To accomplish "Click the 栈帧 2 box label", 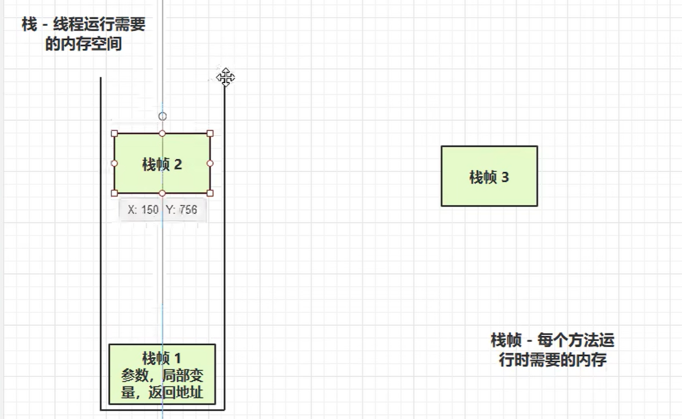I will point(162,164).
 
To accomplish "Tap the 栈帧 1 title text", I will point(162,358).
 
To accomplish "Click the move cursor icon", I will point(225,78).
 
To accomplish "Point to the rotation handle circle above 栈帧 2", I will point(162,116).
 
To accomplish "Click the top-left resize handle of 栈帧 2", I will point(114,134).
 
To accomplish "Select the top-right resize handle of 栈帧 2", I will point(210,134).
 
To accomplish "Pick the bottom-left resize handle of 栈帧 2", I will point(114,193).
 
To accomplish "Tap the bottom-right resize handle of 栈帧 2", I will point(210,193).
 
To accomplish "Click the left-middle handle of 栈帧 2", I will point(114,163).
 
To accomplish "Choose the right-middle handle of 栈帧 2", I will point(210,163).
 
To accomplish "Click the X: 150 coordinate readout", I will point(143,210).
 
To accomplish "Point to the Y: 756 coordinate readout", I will point(182,210).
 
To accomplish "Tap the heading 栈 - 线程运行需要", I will point(83,25).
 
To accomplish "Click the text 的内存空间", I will point(83,44).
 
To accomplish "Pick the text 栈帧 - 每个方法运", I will point(552,340).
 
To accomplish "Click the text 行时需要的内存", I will point(552,359).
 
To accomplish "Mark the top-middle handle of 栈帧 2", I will point(162,134).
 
